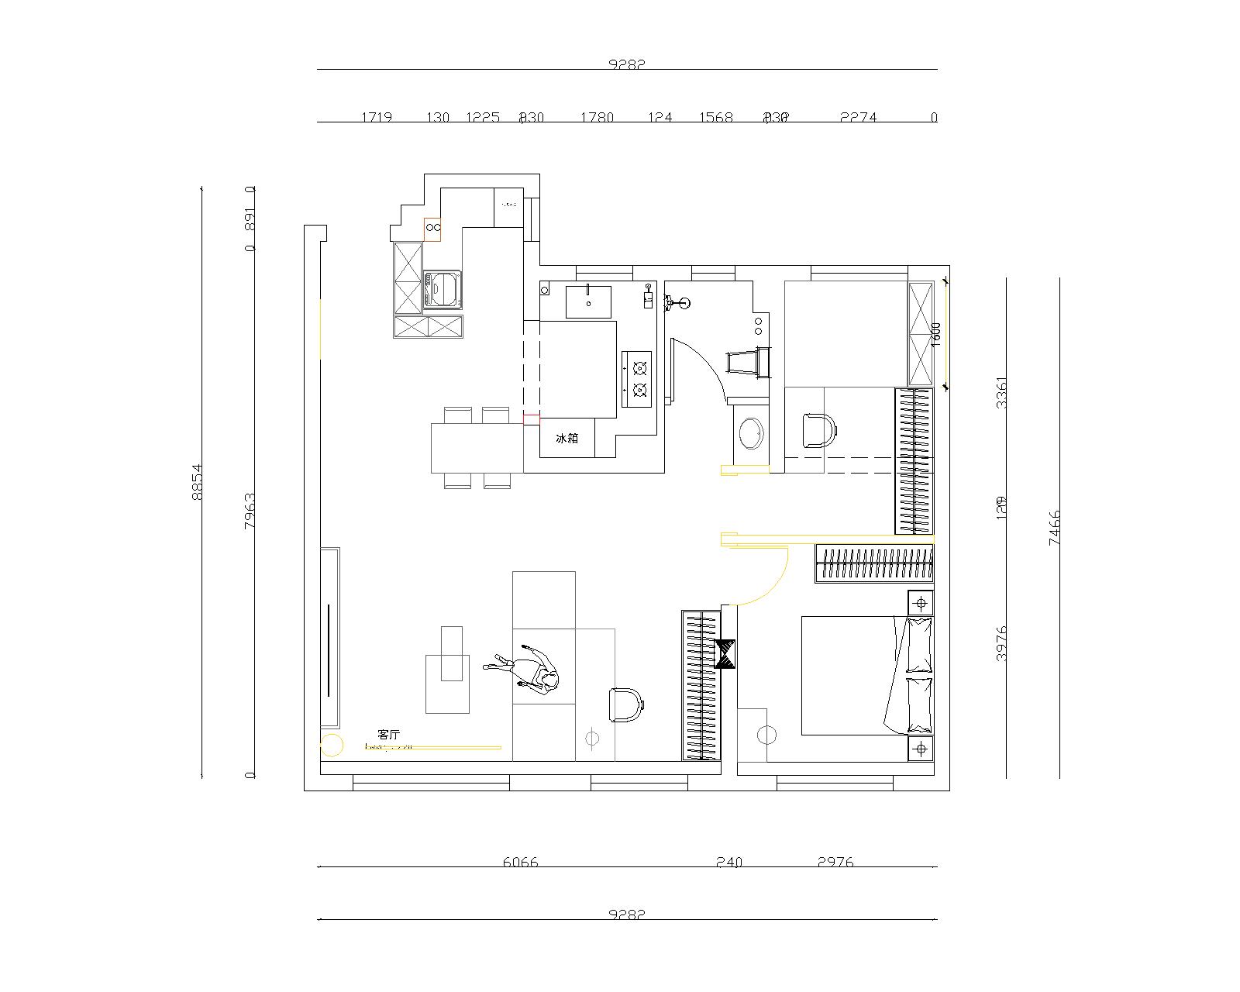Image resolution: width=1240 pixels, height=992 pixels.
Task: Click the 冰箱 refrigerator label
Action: click(x=567, y=439)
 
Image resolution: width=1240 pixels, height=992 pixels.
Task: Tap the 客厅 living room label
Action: click(x=389, y=734)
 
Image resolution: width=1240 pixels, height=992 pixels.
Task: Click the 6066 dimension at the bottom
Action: click(x=520, y=862)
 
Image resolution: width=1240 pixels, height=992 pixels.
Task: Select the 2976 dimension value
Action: click(x=835, y=862)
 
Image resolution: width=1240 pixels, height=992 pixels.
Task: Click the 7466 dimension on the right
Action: click(x=1055, y=528)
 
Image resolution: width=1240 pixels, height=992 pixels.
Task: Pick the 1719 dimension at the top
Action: click(x=377, y=118)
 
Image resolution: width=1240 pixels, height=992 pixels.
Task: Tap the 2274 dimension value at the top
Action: click(x=858, y=118)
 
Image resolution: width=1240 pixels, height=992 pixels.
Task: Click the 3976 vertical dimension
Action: click(x=1001, y=642)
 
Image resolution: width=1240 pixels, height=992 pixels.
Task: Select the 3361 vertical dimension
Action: click(x=1001, y=393)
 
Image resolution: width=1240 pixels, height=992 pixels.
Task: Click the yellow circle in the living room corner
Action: click(x=332, y=745)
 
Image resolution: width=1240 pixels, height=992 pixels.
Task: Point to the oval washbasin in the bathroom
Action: click(x=750, y=434)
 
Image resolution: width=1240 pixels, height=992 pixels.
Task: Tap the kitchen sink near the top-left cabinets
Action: click(x=443, y=289)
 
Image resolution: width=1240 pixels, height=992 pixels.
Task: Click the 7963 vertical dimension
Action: click(x=249, y=510)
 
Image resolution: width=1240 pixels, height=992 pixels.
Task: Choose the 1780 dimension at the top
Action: click(x=597, y=118)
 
